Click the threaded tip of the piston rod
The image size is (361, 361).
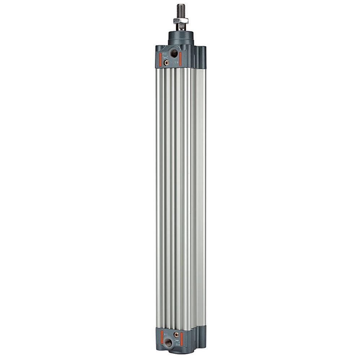180,9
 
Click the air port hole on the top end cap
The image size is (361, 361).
174,53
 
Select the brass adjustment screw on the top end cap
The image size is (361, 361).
166,62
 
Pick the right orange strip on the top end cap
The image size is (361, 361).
180,57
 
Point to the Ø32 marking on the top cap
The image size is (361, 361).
164,54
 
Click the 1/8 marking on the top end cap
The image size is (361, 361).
177,63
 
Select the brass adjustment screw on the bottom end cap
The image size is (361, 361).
176,335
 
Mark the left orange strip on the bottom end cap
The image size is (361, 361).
162,338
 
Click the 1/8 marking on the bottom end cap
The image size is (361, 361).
166,335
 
